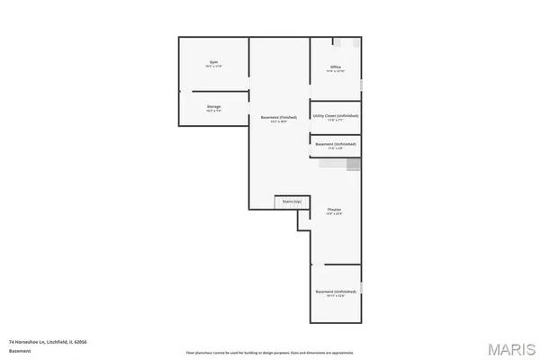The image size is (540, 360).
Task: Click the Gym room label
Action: click(213, 62)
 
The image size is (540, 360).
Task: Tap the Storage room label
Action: click(213, 106)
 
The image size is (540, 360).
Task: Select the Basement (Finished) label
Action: click(279, 118)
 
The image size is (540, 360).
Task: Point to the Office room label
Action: click(335, 67)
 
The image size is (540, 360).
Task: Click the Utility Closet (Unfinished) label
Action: click(335, 115)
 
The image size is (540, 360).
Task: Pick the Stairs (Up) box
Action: click(292, 202)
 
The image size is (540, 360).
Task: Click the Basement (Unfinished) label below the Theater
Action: click(335, 292)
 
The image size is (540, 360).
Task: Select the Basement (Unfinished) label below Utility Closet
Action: click(335, 143)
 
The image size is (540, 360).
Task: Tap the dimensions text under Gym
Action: click(213, 67)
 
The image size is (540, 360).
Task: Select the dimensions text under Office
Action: click(335, 72)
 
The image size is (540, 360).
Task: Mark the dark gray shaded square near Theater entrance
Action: click(354, 165)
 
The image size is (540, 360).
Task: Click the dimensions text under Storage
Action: click(213, 111)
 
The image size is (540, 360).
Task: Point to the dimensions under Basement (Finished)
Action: click(279, 122)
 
